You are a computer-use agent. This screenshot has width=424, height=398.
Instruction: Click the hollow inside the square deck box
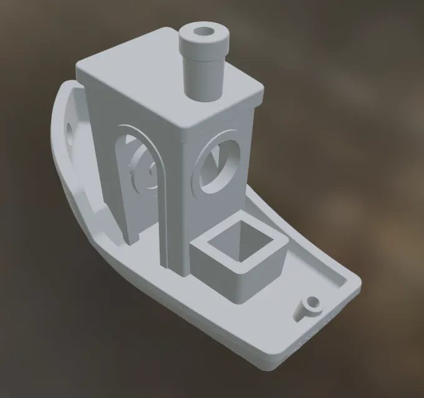[240, 243]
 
